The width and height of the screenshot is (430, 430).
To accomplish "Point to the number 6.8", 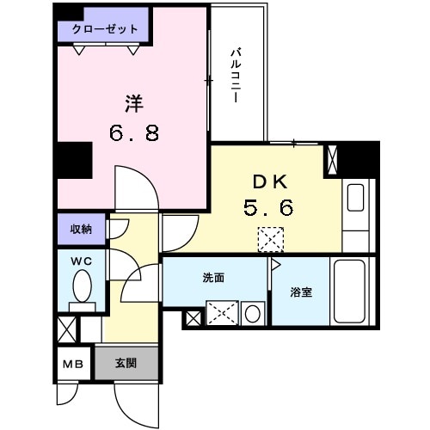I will click(x=133, y=134).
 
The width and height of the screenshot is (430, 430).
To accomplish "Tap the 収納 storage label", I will click(x=82, y=229).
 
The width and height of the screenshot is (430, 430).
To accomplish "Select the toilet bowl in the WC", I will click(x=83, y=286).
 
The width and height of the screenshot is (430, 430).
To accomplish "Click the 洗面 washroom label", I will click(x=214, y=278).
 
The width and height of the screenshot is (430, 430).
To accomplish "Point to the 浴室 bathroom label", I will click(x=301, y=292).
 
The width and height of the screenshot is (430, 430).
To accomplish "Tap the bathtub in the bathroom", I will click(x=353, y=292).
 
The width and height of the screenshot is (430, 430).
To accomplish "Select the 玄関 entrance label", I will click(x=126, y=363).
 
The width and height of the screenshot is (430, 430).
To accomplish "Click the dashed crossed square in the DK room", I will click(x=271, y=237).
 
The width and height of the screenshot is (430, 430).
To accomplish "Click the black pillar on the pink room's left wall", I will click(x=74, y=160).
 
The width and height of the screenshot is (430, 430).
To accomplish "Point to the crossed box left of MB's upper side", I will click(x=66, y=329).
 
